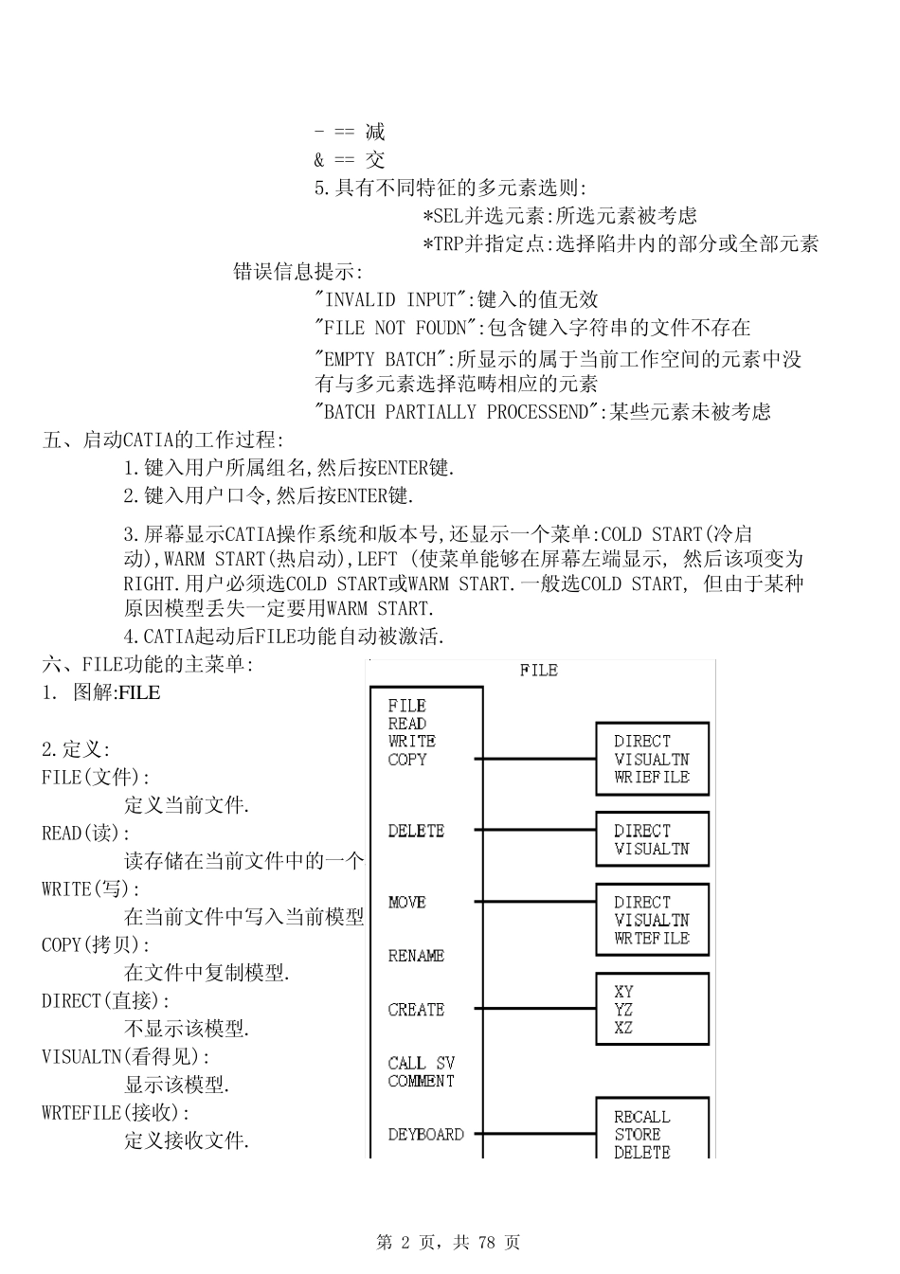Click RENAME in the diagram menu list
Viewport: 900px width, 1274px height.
click(x=416, y=956)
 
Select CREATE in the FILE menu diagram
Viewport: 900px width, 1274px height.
click(x=416, y=1010)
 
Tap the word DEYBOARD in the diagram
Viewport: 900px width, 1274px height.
click(x=425, y=1134)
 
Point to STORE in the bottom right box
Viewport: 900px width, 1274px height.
click(x=638, y=1134)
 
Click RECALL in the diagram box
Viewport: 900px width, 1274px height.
click(x=641, y=1117)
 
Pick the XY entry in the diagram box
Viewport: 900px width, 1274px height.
click(x=623, y=992)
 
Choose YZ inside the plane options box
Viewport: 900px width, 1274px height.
click(x=623, y=1010)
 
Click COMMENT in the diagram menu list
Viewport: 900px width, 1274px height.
click(x=421, y=1081)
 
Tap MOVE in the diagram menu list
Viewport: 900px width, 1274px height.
click(x=407, y=903)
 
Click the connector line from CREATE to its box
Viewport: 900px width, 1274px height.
click(x=534, y=1010)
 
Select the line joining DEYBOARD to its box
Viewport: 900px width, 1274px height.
click(x=534, y=1134)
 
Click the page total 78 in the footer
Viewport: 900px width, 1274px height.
click(x=488, y=1242)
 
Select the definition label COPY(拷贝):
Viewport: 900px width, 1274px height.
click(x=96, y=944)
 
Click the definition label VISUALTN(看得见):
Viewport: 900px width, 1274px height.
click(x=126, y=1056)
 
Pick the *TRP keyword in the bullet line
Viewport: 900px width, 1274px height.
click(x=441, y=243)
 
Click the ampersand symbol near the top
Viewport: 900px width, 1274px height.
click(x=319, y=160)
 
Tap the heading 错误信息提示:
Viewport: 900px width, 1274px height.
click(x=297, y=272)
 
